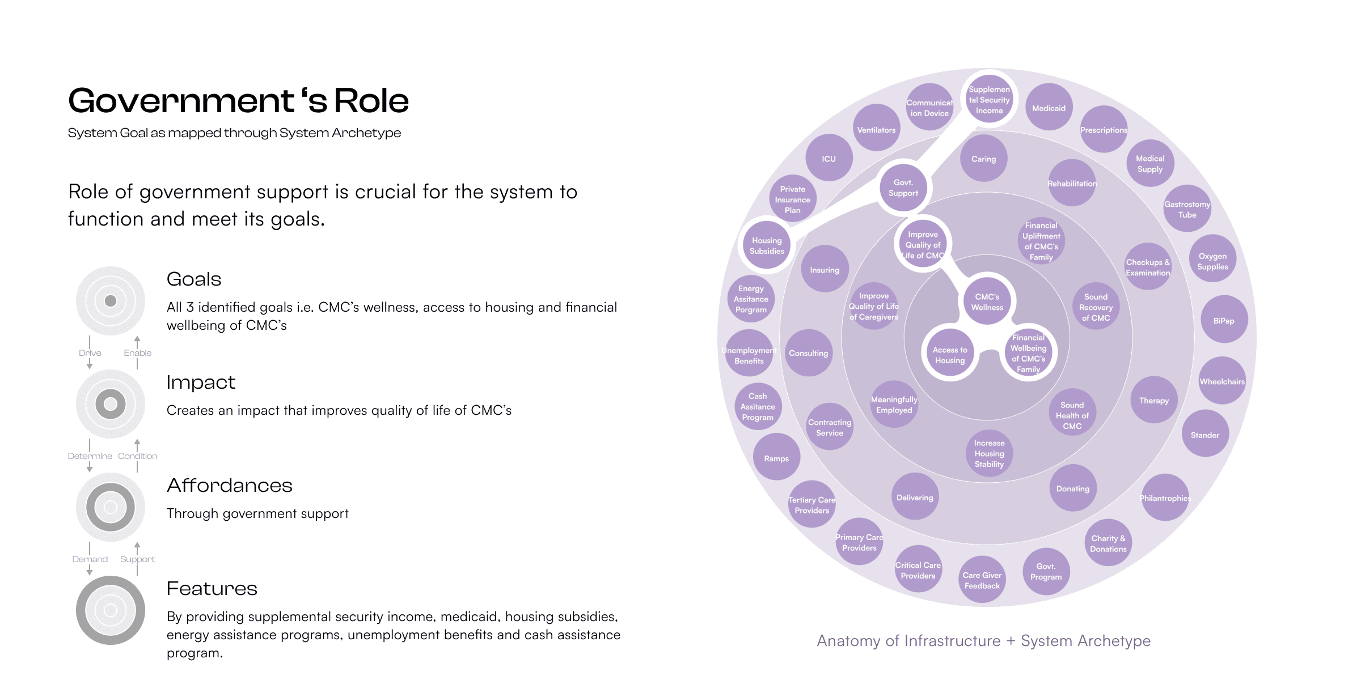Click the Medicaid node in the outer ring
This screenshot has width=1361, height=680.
pyautogui.click(x=1049, y=108)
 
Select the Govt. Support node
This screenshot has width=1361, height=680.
pyautogui.click(x=903, y=188)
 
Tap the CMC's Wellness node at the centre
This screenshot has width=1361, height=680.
pyautogui.click(x=987, y=302)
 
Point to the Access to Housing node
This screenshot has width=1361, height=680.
pyautogui.click(x=950, y=355)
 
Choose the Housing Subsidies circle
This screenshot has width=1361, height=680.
pyautogui.click(x=767, y=245)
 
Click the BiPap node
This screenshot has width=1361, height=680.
pyautogui.click(x=1224, y=320)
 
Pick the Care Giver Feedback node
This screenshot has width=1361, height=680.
pyautogui.click(x=982, y=580)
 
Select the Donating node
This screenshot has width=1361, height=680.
pyautogui.click(x=1072, y=488)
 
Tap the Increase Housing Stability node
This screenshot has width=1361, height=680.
pyautogui.click(x=989, y=453)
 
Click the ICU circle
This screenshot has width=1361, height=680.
pyautogui.click(x=829, y=159)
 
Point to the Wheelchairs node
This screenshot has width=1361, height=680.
pyautogui.click(x=1222, y=381)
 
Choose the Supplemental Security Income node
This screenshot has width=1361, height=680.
pyautogui.click(x=989, y=100)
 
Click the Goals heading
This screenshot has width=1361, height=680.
pyautogui.click(x=194, y=279)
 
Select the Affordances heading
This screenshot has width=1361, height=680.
pyautogui.click(x=230, y=486)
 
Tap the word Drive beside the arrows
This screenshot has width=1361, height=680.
pyautogui.click(x=90, y=353)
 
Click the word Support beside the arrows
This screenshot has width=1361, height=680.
pyautogui.click(x=137, y=559)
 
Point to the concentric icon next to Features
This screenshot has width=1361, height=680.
pyautogui.click(x=111, y=610)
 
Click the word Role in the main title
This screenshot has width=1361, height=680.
pyautogui.click(x=371, y=101)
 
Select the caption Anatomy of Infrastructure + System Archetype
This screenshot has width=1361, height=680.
pyautogui.click(x=983, y=641)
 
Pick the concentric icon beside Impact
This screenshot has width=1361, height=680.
pyautogui.click(x=111, y=404)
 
